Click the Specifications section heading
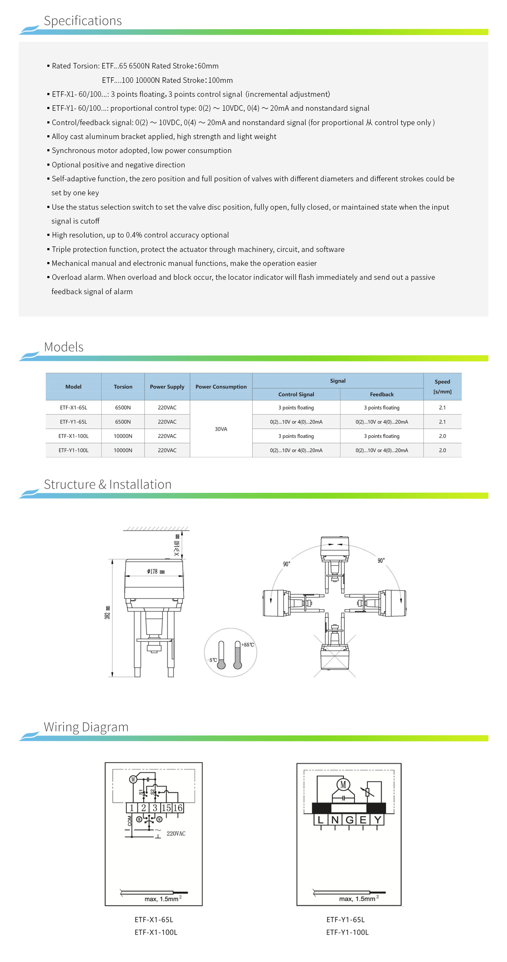point(83,21)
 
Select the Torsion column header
point(123,387)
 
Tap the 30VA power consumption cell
point(221,429)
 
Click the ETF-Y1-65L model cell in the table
point(74,422)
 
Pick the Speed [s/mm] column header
point(442,387)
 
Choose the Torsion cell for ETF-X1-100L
point(123,436)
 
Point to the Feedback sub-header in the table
point(382,394)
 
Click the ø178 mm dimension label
point(156,571)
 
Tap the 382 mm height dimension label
point(108,612)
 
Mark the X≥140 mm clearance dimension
point(177,545)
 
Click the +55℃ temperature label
point(248,645)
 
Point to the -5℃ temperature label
point(213,660)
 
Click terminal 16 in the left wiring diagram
point(178,808)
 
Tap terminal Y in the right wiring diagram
point(377,820)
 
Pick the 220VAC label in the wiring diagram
point(176,834)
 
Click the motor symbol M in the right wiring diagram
point(343,785)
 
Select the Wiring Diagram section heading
point(86,727)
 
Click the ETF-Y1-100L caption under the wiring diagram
point(347,932)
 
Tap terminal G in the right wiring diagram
point(349,820)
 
